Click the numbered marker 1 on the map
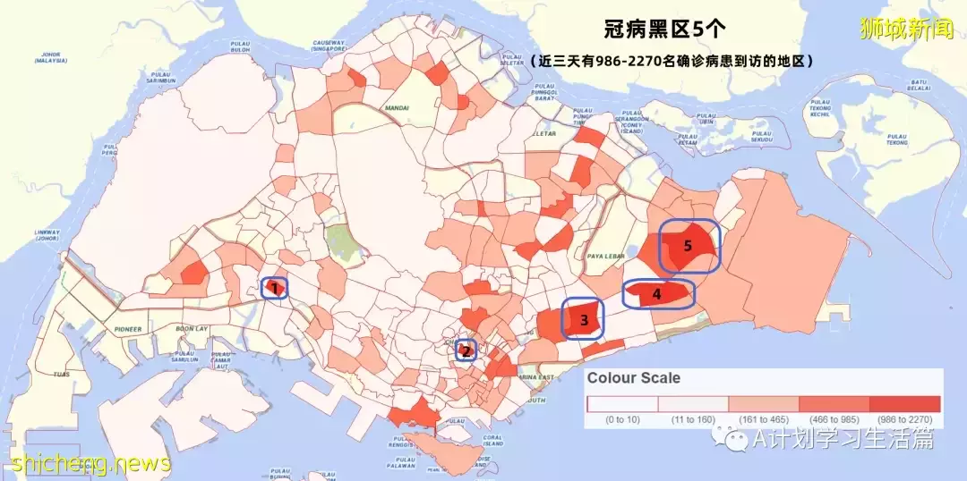[275, 288]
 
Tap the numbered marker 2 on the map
[466, 350]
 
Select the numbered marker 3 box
[583, 319]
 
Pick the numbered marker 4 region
[658, 294]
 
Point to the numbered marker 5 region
[689, 246]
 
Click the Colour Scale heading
[633, 378]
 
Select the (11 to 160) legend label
[692, 418]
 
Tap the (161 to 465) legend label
[763, 418]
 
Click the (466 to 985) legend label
[834, 418]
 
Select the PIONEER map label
[127, 329]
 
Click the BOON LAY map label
[192, 329]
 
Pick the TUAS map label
[61, 374]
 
